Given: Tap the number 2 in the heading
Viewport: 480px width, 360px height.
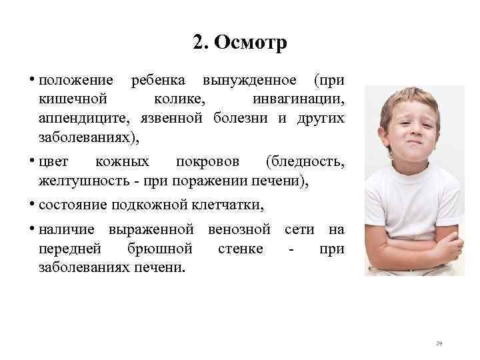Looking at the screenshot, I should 198,43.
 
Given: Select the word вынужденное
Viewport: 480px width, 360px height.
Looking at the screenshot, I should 251,81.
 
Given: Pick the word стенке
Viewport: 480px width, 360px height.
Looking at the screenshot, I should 241,249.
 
